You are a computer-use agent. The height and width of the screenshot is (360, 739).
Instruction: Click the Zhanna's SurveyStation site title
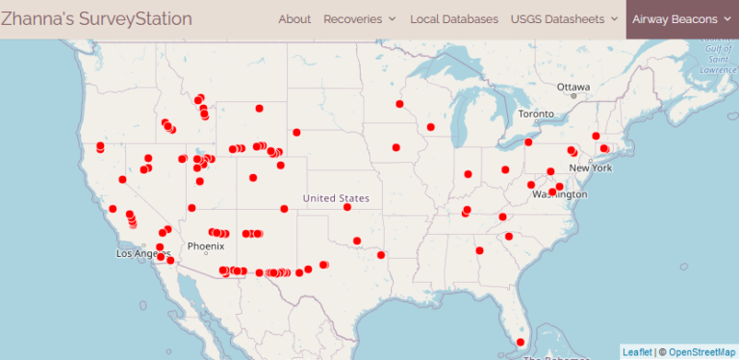[96, 18]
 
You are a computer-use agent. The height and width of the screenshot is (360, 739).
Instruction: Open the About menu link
[294, 19]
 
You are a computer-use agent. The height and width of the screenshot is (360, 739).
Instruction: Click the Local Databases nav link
[454, 19]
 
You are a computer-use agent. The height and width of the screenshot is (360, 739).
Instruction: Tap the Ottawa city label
[573, 87]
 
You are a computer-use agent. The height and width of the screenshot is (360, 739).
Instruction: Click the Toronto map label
[537, 114]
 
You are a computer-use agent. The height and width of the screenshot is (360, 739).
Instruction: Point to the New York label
[591, 167]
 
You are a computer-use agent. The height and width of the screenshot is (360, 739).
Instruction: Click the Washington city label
[559, 194]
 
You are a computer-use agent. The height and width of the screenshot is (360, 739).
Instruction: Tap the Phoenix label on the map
[205, 246]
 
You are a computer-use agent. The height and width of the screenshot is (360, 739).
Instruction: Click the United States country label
[336, 198]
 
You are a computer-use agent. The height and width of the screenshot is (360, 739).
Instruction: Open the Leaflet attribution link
[636, 352]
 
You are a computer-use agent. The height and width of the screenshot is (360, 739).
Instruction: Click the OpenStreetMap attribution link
[701, 352]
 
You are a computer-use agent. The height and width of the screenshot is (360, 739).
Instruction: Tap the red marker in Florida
[521, 342]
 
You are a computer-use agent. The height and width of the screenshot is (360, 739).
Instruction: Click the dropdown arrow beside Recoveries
[393, 19]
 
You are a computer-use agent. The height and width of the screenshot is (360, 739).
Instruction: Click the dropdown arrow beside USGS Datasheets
[614, 19]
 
